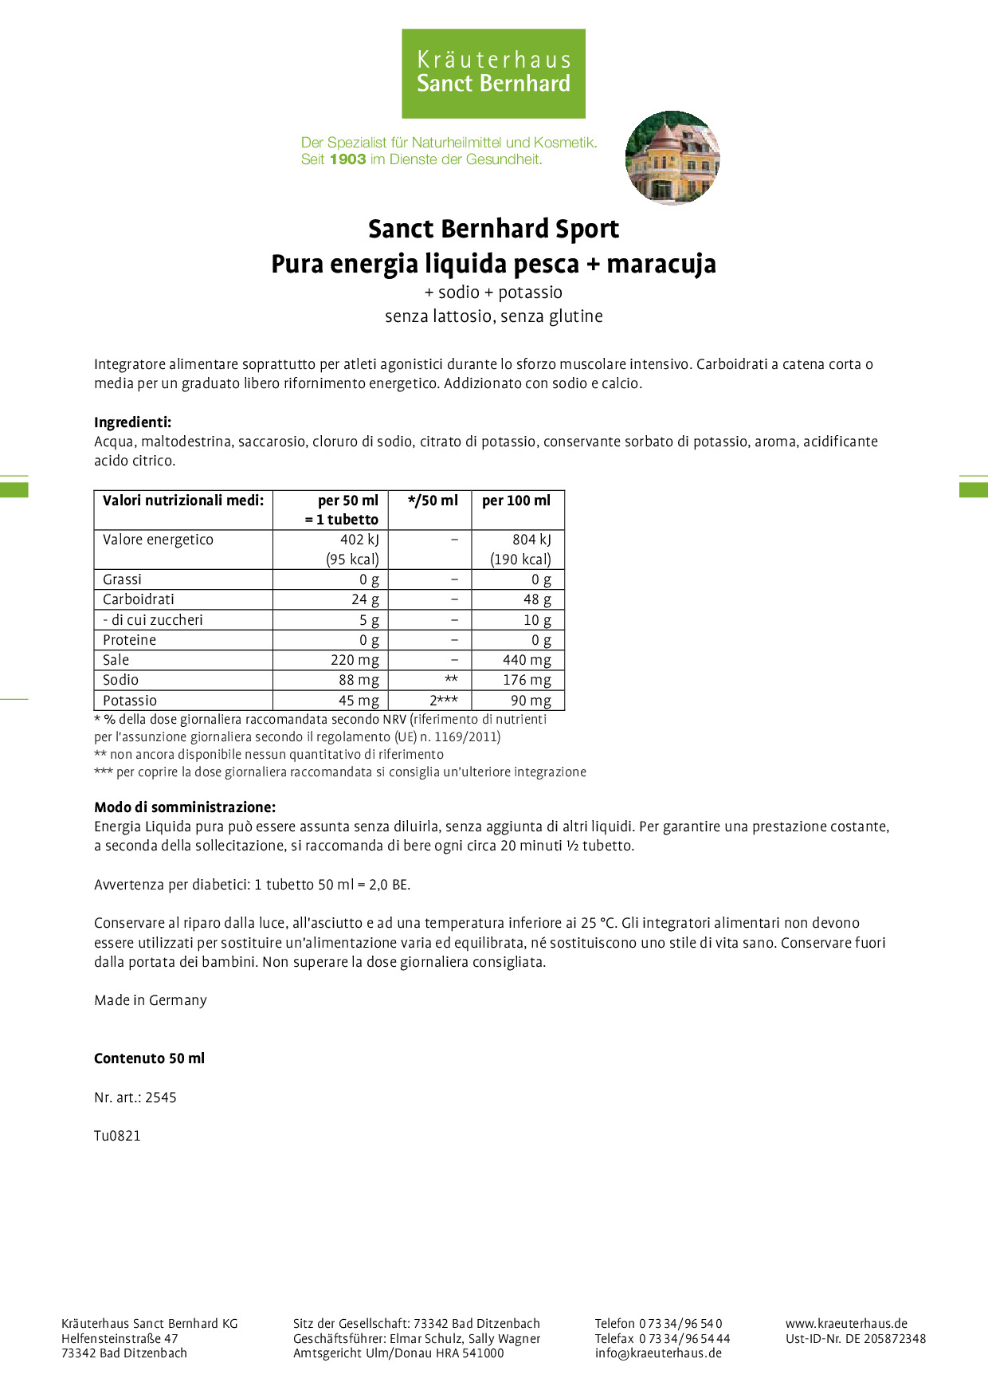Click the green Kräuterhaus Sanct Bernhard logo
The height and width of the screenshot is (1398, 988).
coord(493,73)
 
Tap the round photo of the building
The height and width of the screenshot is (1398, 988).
coord(672,158)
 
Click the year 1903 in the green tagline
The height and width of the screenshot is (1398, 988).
coord(347,159)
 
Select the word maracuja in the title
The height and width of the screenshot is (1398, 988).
coord(661,264)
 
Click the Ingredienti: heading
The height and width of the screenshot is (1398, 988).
coord(132,422)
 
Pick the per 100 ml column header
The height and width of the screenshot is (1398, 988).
coord(516,501)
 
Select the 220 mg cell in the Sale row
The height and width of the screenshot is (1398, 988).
coord(355,660)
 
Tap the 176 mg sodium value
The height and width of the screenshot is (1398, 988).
coord(527,680)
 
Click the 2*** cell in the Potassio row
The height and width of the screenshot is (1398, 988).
coord(444,701)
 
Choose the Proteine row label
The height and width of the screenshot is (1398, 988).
coord(130,640)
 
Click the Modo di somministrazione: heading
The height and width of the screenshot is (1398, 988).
coord(185,807)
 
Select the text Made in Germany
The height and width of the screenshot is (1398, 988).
coord(151,1000)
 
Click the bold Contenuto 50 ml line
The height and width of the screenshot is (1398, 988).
coord(149,1058)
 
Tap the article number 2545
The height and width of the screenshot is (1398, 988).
coord(161,1098)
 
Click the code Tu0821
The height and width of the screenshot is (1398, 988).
coord(117,1136)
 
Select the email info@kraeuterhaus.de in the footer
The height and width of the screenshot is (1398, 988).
coord(658,1353)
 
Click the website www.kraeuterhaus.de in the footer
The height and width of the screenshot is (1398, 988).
coord(846,1323)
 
